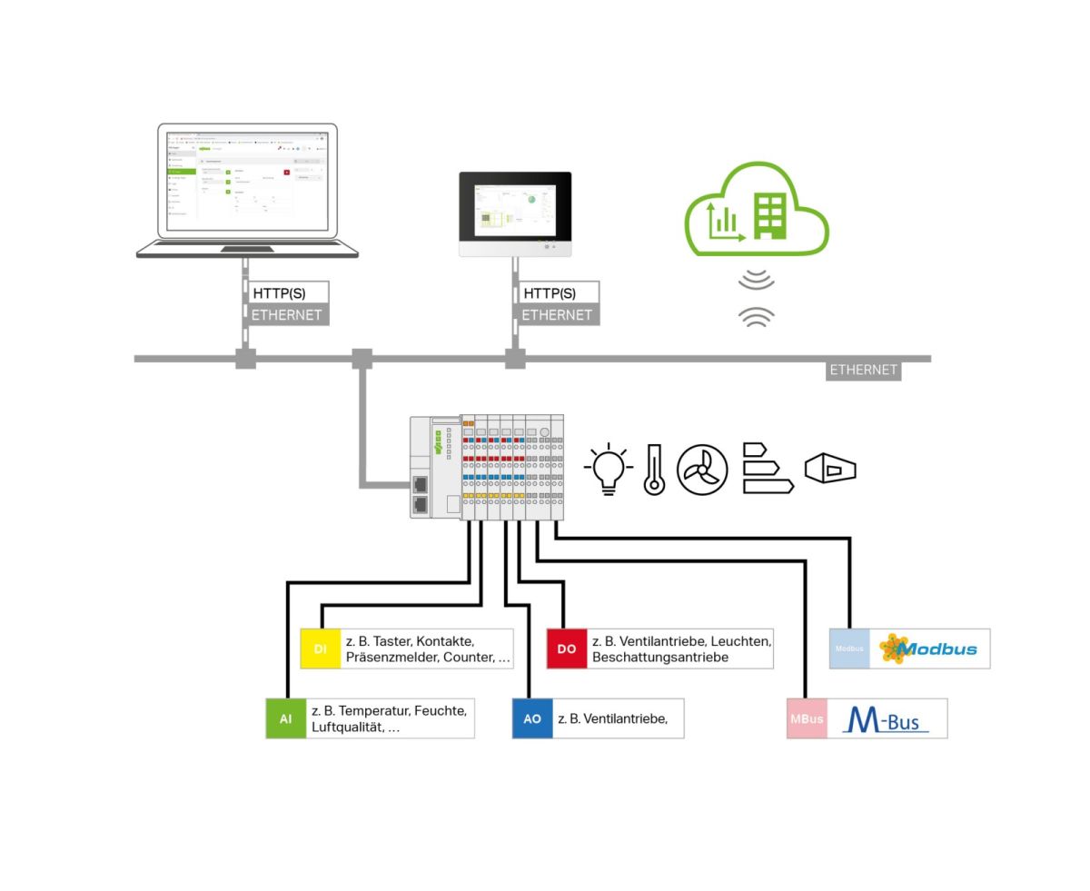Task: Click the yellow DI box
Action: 320,648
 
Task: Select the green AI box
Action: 286,718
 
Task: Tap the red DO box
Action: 567,648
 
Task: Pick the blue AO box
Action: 532,718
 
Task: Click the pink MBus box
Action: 807,718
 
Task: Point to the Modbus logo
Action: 928,648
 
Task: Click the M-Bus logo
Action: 887,718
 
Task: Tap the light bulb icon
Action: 608,470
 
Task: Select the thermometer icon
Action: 654,470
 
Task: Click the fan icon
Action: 702,470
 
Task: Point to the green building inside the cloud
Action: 769,215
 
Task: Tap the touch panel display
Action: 515,207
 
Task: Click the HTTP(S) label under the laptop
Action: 279,293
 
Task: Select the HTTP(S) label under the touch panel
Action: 550,293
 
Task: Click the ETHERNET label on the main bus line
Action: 863,370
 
